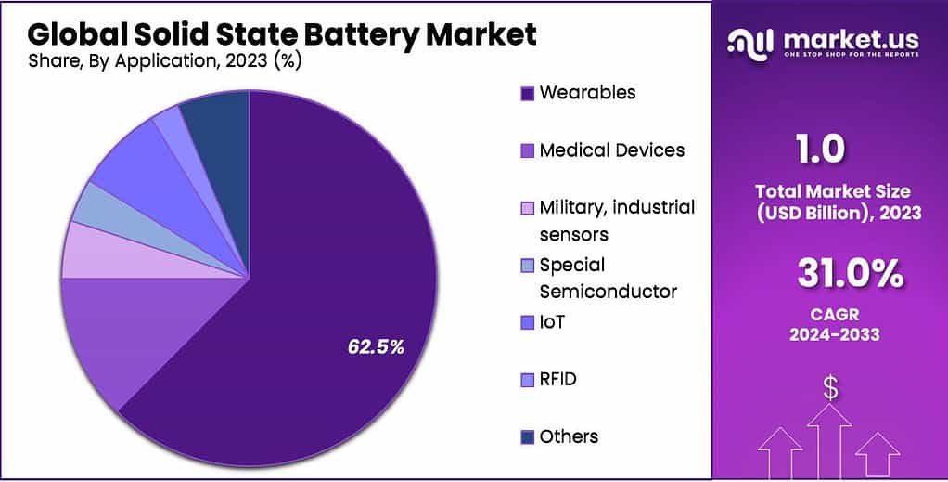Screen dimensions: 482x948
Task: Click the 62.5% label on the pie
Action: click(376, 347)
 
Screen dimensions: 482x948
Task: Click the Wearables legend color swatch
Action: click(528, 93)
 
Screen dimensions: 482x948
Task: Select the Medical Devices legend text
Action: click(611, 150)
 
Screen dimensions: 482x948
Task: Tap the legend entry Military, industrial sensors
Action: click(617, 219)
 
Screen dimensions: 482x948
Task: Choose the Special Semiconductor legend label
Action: click(608, 278)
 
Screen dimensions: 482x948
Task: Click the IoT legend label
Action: click(552, 322)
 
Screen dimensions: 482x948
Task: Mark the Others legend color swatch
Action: click(528, 436)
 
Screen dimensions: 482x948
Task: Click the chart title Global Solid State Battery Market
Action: click(282, 34)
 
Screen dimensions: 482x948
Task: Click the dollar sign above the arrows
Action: click(830, 390)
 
